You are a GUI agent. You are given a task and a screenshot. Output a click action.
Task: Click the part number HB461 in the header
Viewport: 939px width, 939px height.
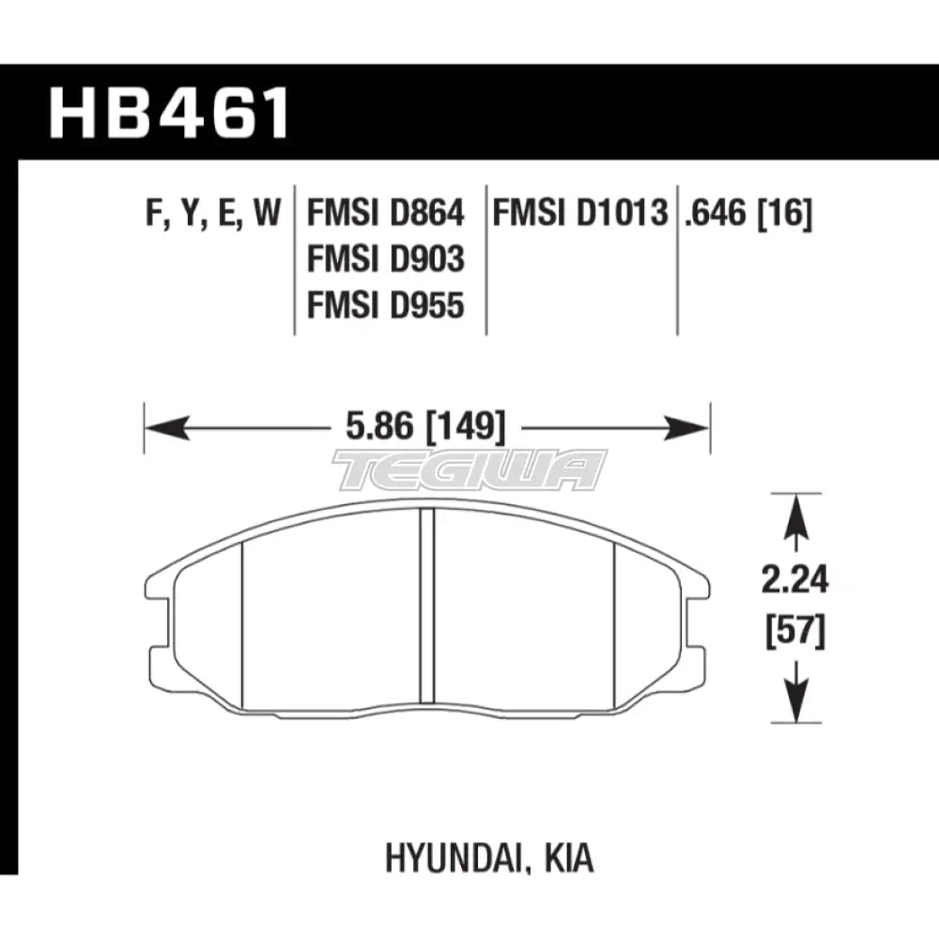169,114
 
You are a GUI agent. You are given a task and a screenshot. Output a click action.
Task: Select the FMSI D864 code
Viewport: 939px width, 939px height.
386,213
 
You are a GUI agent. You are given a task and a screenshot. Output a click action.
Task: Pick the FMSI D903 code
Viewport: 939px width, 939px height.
386,259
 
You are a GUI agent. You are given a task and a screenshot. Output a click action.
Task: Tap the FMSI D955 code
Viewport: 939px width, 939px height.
386,305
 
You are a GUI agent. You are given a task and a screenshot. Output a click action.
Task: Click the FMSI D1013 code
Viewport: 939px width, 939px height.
579,213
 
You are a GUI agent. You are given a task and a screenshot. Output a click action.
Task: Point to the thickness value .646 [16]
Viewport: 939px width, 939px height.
748,214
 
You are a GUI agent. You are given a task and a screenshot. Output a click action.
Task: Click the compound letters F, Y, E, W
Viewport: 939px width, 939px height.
213,214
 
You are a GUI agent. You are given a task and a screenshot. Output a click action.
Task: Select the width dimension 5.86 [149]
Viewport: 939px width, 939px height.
425,427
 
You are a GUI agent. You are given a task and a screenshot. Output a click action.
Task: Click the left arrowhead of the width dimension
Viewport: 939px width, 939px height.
167,427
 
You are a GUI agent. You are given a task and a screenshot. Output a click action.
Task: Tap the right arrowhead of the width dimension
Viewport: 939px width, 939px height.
686,427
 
